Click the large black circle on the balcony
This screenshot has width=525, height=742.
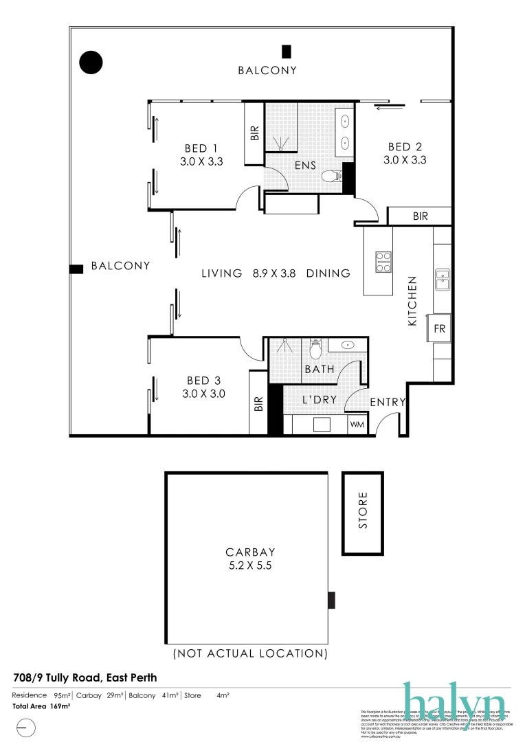point(91,63)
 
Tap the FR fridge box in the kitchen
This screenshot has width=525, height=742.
point(440,329)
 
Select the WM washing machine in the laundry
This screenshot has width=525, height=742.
point(357,425)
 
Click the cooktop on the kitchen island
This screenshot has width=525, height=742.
point(383,262)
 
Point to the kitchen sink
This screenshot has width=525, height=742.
point(443,279)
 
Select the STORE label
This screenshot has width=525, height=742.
point(363,510)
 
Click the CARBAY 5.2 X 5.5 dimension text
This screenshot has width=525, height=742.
point(250,567)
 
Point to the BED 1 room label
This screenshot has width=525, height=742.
point(201,148)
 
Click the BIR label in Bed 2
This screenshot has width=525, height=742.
point(421,216)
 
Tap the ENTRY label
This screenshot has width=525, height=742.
point(388,403)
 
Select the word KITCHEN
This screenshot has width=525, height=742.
point(413,301)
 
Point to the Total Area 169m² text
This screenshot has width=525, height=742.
point(42,706)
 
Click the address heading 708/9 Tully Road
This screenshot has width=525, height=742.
point(85,678)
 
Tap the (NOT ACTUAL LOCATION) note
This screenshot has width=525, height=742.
point(250,653)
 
